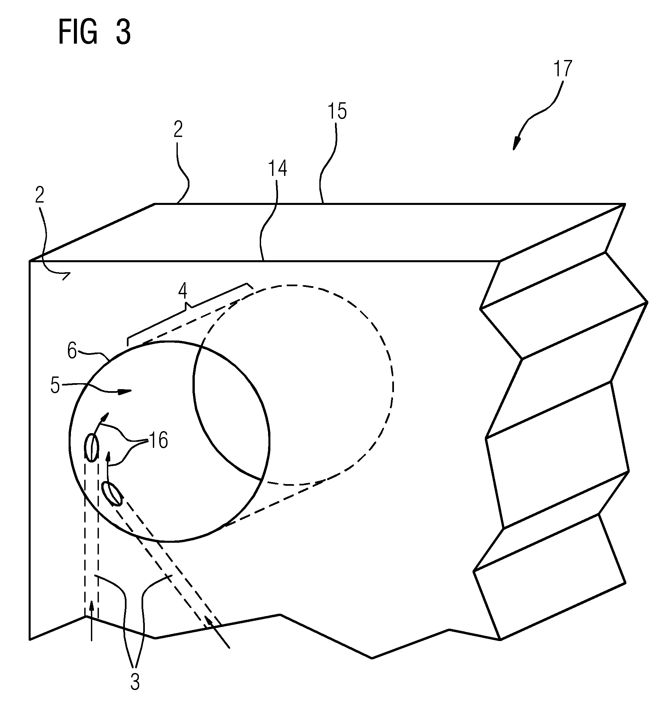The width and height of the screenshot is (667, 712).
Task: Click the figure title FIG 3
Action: pyautogui.click(x=95, y=32)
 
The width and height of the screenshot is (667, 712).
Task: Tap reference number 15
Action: pyautogui.click(x=337, y=111)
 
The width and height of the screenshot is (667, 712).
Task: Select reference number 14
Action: pyautogui.click(x=277, y=169)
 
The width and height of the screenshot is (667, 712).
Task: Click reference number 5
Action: pyautogui.click(x=55, y=386)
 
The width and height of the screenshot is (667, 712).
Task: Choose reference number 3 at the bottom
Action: pyautogui.click(x=135, y=683)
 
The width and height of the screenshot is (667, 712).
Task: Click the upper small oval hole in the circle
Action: pyautogui.click(x=91, y=448)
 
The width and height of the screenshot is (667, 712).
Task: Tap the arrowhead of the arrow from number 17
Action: pyautogui.click(x=516, y=144)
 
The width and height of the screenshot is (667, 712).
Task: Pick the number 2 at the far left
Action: pyautogui.click(x=39, y=195)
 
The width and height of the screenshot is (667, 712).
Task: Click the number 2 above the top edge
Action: pyautogui.click(x=178, y=129)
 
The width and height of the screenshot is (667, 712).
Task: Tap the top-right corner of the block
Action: pyautogui.click(x=625, y=204)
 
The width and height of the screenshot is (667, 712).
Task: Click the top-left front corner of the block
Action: pyautogui.click(x=29, y=261)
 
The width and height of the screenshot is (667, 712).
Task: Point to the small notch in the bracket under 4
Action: pyautogui.click(x=187, y=306)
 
